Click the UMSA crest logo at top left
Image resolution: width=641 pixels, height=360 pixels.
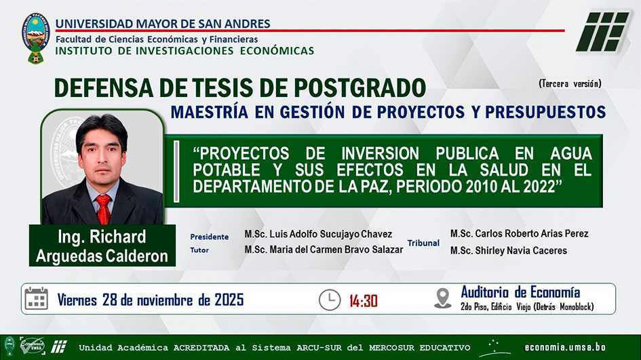coord(35,38)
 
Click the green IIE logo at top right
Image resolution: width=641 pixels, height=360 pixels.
coord(602,31)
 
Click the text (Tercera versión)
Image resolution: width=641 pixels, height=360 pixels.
coord(570,84)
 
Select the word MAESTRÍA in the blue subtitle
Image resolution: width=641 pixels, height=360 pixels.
coord(210,112)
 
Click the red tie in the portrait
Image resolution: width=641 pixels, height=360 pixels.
coord(103,209)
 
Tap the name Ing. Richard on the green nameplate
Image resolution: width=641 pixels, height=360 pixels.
coord(102,237)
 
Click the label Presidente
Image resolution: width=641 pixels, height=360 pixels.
coord(210,237)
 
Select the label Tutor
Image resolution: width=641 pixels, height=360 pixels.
coord(199,250)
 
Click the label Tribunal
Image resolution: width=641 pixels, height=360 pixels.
coord(423,243)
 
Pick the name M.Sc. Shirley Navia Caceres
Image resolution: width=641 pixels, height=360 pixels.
coord(509,250)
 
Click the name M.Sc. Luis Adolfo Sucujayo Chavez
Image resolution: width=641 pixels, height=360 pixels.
coord(318,234)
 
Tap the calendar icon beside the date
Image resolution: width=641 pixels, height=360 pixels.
coord(37,299)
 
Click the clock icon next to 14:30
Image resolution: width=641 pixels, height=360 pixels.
coord(330,300)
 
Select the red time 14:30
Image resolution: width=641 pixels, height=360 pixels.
coord(364,301)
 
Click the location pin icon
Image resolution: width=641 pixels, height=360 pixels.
coord(443,298)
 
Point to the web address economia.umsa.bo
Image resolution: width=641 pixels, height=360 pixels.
coord(565,348)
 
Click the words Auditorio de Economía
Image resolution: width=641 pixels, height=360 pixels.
coord(520,293)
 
